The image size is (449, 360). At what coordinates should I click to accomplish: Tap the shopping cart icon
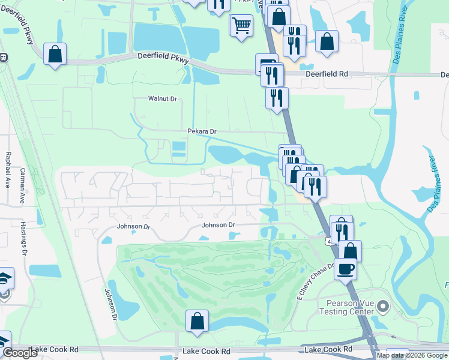[x=241, y=25]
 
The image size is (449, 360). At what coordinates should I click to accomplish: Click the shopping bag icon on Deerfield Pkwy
[x=55, y=53]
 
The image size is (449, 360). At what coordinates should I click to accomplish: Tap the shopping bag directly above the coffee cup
[x=350, y=250]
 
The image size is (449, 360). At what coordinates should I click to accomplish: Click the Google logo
[x=19, y=353]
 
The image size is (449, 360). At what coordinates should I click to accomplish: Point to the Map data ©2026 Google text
[x=412, y=355]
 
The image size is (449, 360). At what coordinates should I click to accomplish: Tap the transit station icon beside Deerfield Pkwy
[x=3, y=58]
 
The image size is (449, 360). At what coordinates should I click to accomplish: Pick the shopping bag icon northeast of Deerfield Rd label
[x=327, y=41]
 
